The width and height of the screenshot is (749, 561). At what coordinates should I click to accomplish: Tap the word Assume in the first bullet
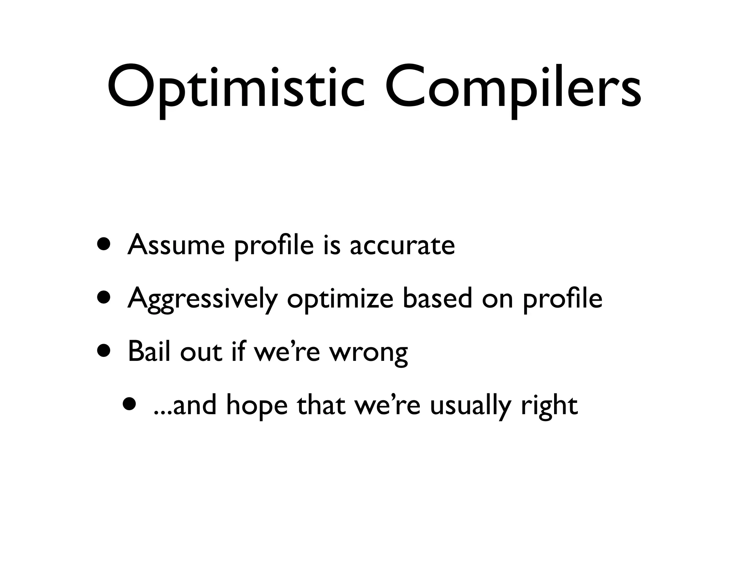pos(176,245)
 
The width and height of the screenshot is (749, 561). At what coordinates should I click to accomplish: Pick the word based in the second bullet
pos(437,298)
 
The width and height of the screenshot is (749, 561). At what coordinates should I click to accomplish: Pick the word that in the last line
pos(321,405)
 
